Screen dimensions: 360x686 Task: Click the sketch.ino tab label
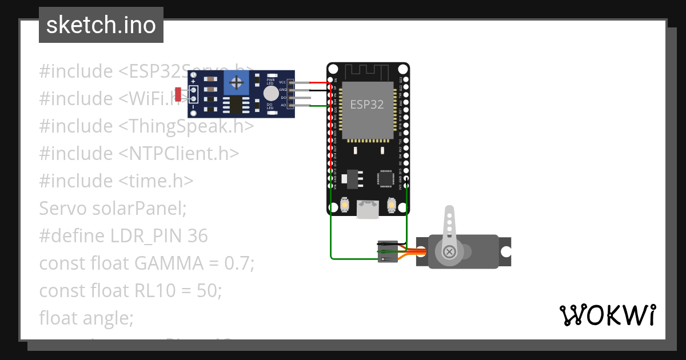coord(101,25)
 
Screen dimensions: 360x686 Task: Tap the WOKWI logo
coord(607,315)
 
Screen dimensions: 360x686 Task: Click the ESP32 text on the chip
coord(366,105)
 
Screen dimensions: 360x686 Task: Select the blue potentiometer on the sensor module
coord(236,83)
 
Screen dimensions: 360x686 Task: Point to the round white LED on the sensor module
coord(271,93)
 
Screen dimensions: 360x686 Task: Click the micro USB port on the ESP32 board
coord(366,209)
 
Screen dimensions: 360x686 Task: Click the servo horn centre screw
coord(450,251)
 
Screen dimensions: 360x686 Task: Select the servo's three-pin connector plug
coord(386,251)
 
